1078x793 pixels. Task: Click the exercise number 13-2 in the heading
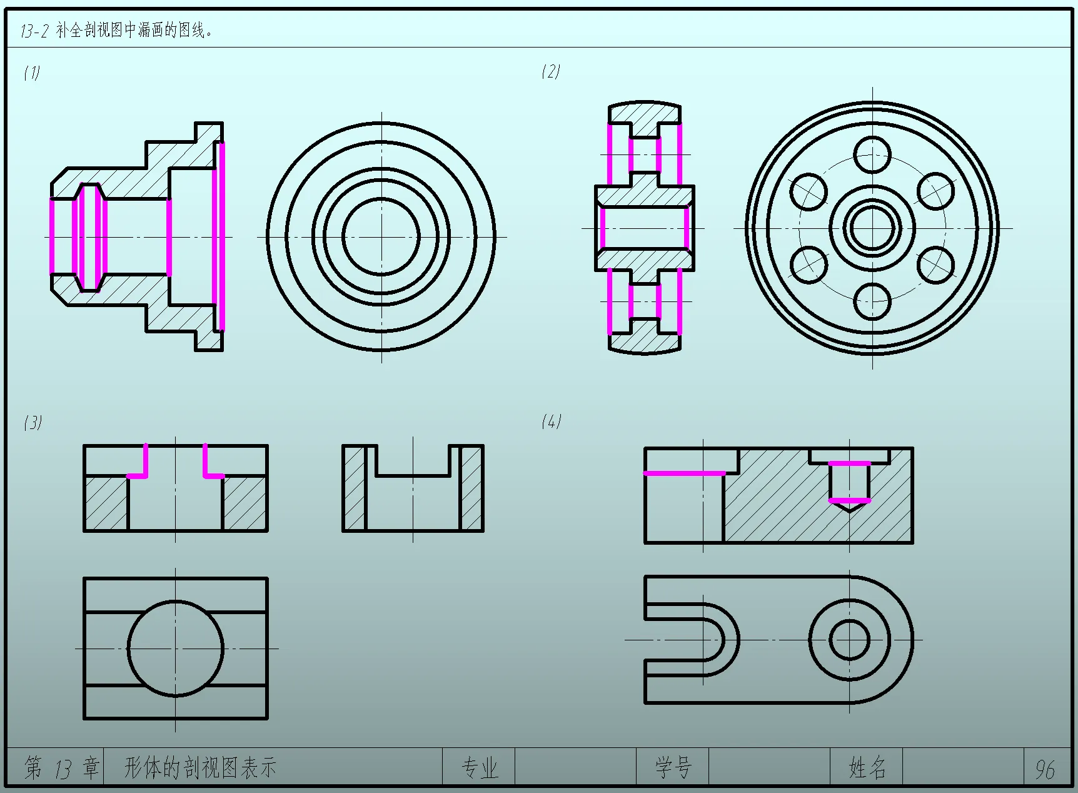tap(34, 31)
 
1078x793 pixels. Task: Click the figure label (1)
tap(32, 73)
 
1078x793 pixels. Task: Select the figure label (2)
tap(551, 71)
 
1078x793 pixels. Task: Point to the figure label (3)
tap(33, 423)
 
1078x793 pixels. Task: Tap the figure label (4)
tap(551, 422)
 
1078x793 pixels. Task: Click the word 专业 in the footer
tap(480, 767)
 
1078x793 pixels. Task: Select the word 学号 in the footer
tap(673, 767)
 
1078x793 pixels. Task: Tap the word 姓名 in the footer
tap(867, 767)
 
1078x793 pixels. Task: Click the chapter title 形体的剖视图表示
tap(200, 767)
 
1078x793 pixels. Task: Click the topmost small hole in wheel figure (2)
tap(872, 154)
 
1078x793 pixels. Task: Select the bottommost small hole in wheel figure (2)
tap(872, 301)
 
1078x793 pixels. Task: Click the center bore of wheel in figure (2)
tap(872, 228)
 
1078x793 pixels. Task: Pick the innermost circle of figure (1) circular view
tap(381, 236)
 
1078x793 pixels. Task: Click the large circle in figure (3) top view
tap(176, 649)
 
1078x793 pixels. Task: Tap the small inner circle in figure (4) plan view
tap(849, 640)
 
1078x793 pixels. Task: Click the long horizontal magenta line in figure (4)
tap(685, 473)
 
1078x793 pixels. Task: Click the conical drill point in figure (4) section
tap(849, 507)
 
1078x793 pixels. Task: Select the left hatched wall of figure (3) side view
tap(354, 488)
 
